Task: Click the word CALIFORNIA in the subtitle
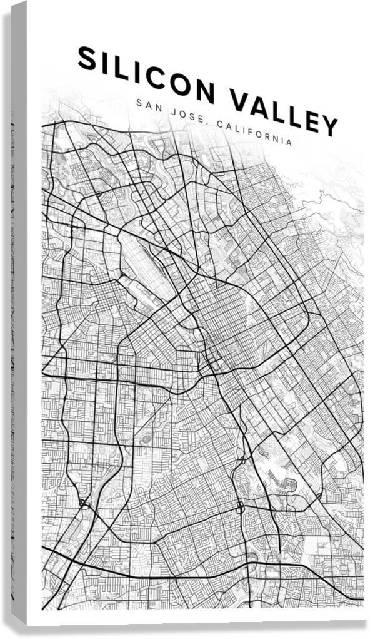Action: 253,133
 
